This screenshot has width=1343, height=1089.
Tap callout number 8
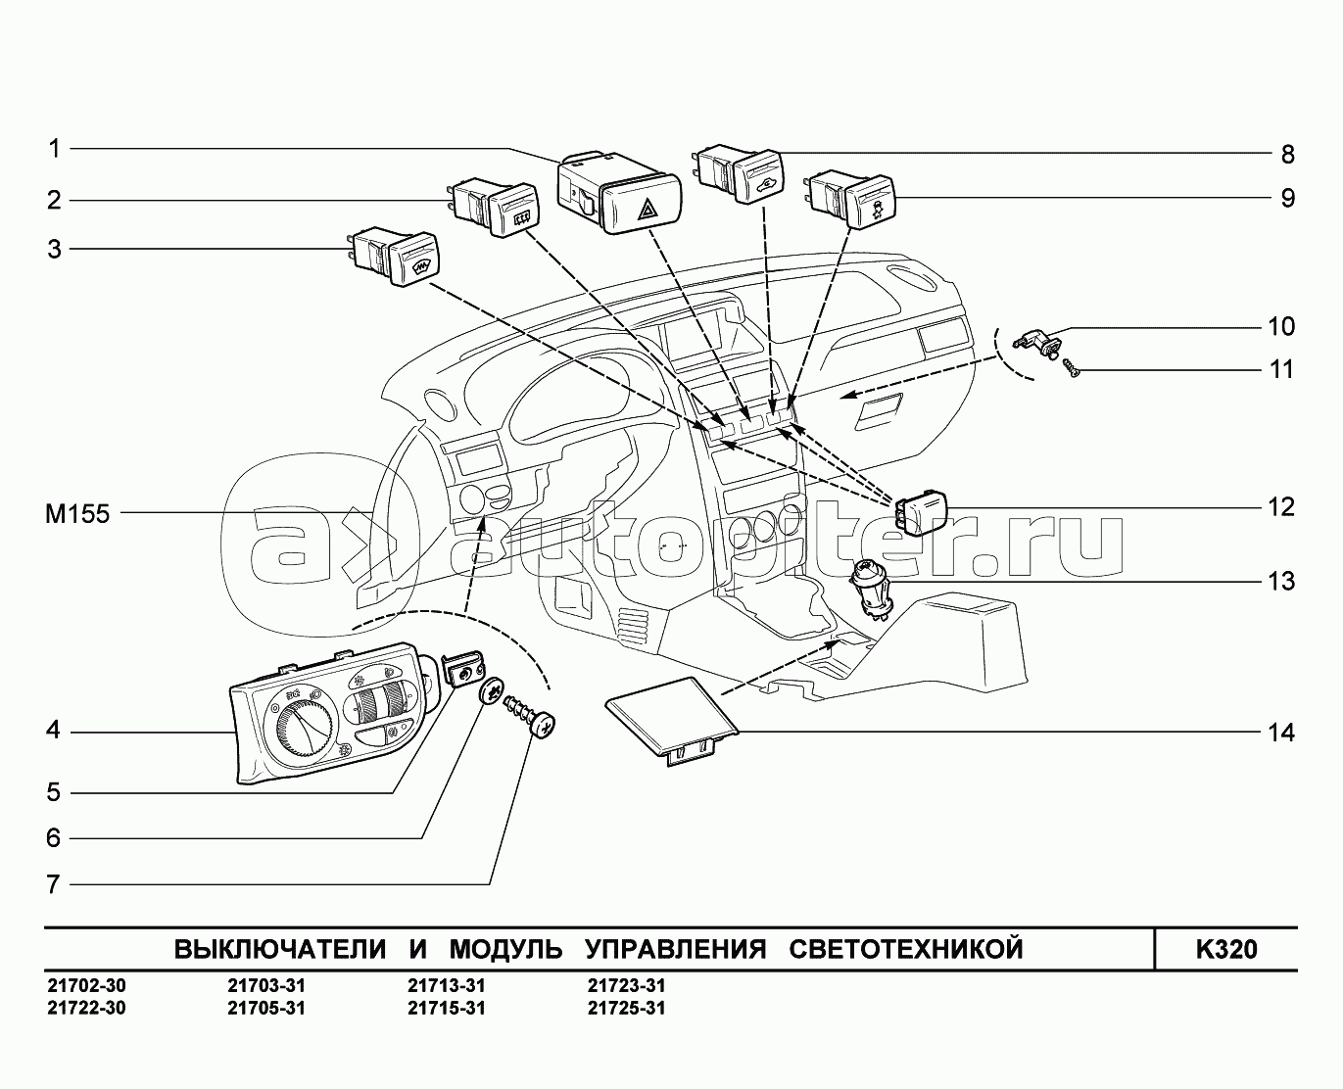coord(1287,155)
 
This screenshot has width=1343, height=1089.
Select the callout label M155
coord(77,514)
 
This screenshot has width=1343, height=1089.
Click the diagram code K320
coord(1226,949)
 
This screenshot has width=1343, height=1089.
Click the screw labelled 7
coord(529,717)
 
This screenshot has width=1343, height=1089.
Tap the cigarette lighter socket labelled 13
coord(872,590)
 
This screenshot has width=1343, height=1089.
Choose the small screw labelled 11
coord(1071,368)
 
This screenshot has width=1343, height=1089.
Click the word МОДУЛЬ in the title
coord(505,949)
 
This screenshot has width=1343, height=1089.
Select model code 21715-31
coord(447,1009)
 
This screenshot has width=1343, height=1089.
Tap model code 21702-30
coord(86,985)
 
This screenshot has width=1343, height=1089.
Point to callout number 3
coord(55,250)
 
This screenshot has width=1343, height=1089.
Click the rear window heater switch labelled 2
coord(494,208)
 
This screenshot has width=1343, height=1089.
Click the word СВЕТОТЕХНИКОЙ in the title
coord(906,949)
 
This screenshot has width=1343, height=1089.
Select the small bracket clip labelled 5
coord(462,668)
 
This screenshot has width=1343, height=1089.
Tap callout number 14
coord(1281,733)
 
